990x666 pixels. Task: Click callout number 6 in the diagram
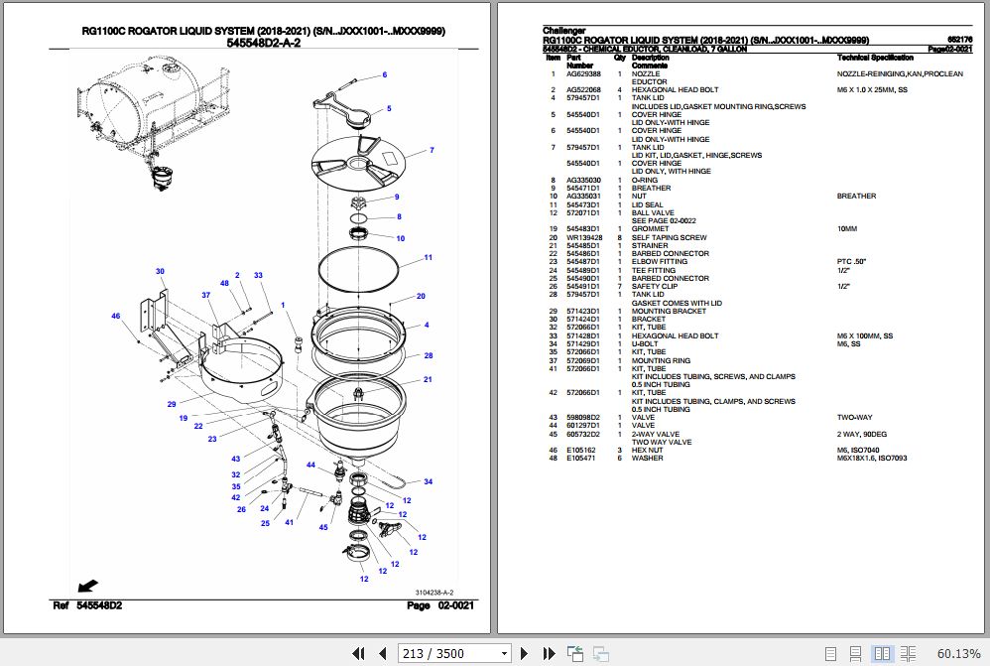[x=384, y=75]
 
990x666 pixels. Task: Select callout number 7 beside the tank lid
[x=432, y=151]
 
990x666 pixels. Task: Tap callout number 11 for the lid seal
[x=428, y=258]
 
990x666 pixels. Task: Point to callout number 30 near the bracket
[x=160, y=271]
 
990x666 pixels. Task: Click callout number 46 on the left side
[x=115, y=317]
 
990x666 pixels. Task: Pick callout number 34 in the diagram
[x=428, y=482]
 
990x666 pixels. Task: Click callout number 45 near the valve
[x=323, y=527]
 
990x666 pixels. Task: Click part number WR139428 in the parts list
[x=583, y=237]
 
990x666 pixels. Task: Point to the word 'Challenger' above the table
[x=563, y=31]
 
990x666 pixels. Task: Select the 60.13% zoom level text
[x=957, y=653]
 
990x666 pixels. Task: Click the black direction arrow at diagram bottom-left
[x=86, y=585]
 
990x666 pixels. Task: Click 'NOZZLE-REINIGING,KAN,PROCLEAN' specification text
[x=900, y=73]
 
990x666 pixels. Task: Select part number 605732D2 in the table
[x=583, y=434]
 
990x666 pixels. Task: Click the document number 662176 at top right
[x=961, y=40]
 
